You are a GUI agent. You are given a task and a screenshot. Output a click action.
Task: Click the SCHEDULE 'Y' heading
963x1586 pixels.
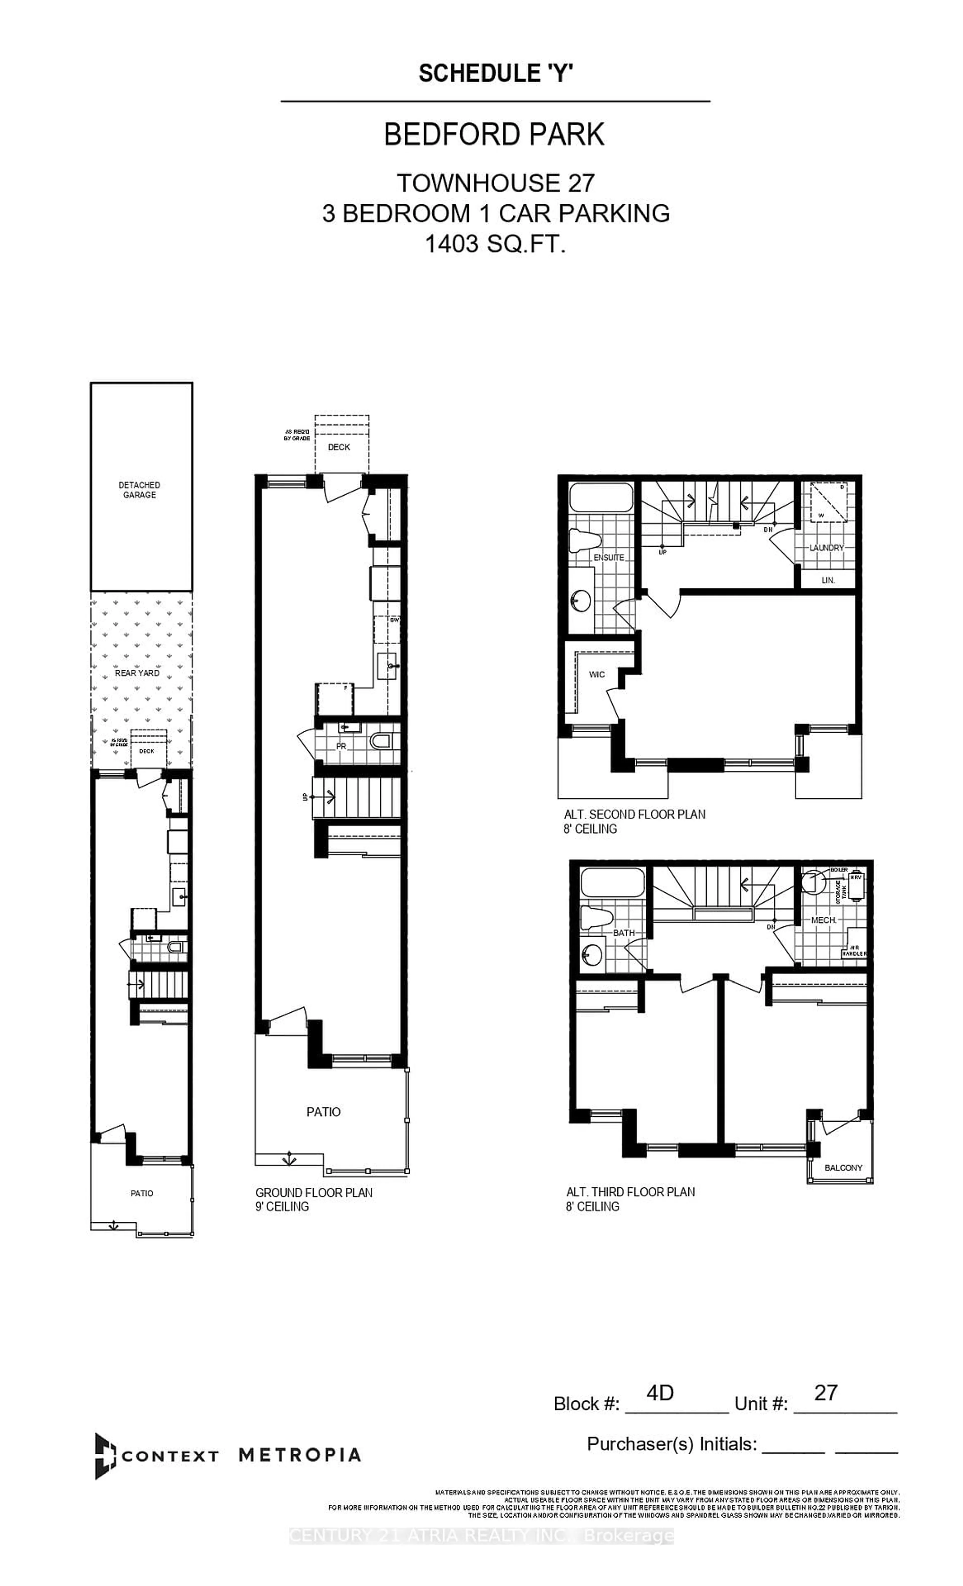[x=495, y=73]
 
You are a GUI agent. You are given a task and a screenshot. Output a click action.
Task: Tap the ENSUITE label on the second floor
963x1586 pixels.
[x=608, y=557]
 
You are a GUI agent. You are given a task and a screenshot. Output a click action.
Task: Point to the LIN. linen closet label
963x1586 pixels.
[x=828, y=580]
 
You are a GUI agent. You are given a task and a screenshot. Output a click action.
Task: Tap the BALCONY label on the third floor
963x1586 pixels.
[x=843, y=1168]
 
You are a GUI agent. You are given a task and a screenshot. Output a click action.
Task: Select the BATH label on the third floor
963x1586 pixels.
[x=623, y=933]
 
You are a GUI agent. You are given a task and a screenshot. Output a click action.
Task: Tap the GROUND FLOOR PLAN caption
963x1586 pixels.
[x=313, y=1193]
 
